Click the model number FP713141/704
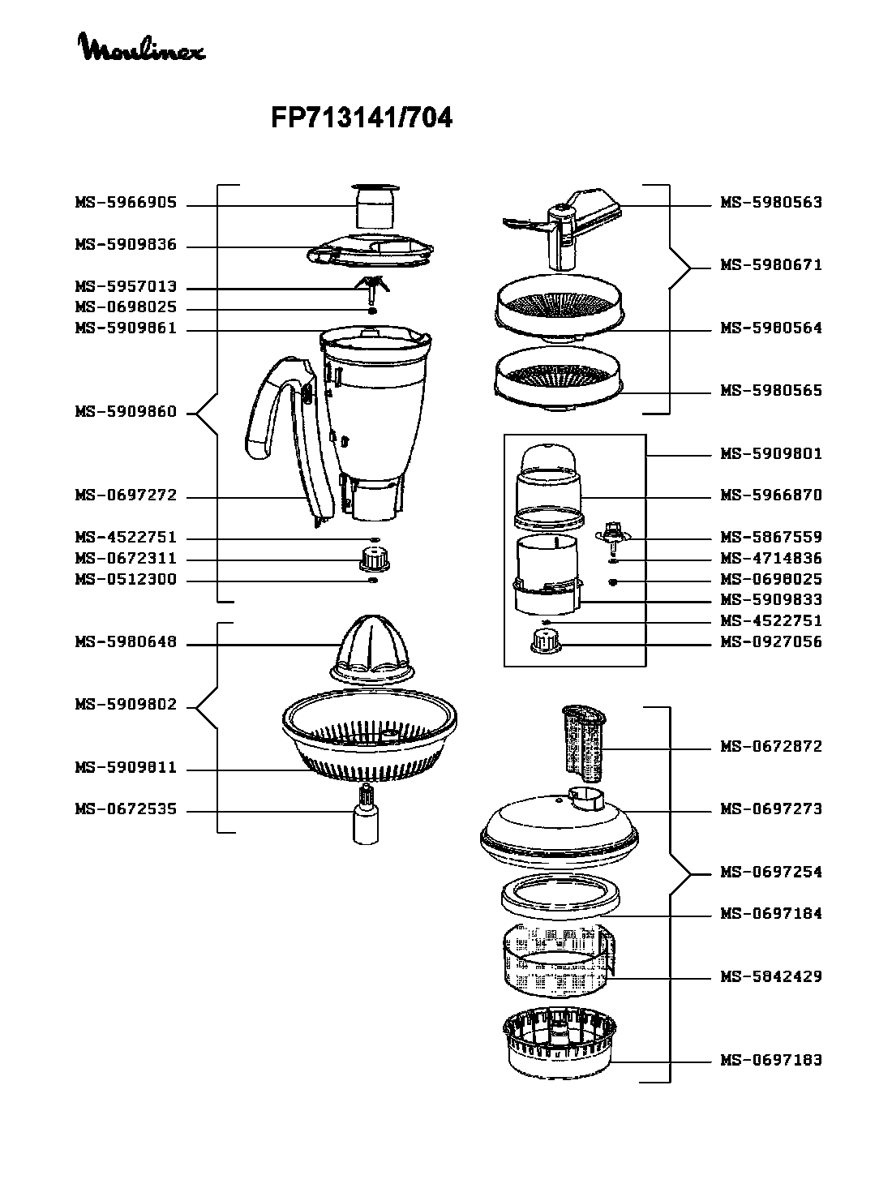click(361, 119)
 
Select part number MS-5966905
click(126, 203)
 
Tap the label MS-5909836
click(126, 245)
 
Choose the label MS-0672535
click(126, 809)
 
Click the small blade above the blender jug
click(372, 288)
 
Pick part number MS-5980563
click(771, 203)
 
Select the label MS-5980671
click(771, 265)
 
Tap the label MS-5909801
click(771, 453)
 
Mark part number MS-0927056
click(771, 641)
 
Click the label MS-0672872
click(771, 746)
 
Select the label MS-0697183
click(771, 1060)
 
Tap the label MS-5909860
click(126, 412)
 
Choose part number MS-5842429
click(771, 976)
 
